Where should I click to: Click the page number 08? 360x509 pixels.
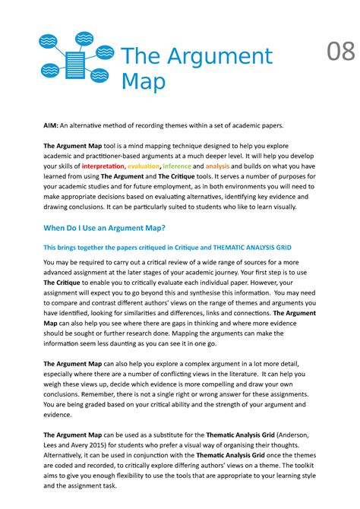(x=340, y=53)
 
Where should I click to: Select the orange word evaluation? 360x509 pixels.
(x=144, y=166)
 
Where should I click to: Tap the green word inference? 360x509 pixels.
(x=177, y=166)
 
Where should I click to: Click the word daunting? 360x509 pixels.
(x=139, y=343)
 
